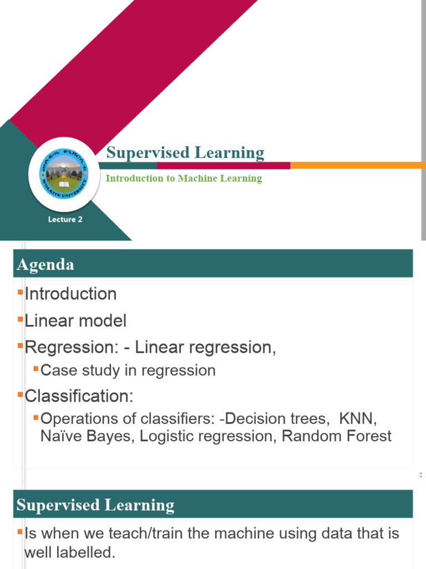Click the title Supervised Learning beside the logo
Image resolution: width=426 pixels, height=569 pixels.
click(185, 153)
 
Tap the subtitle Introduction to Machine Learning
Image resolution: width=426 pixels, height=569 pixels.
click(184, 178)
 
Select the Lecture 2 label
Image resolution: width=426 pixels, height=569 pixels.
click(65, 219)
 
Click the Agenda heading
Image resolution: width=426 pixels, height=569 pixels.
click(45, 264)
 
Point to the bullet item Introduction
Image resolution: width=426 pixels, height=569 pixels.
click(70, 294)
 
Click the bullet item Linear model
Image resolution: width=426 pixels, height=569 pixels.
click(75, 321)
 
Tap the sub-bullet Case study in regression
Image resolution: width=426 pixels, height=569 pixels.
click(128, 370)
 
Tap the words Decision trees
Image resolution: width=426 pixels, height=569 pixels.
click(276, 418)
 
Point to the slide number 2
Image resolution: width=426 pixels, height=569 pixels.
click(420, 475)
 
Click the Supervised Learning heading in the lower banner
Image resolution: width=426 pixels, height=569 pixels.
click(95, 505)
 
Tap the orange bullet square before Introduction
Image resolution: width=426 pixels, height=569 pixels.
click(20, 291)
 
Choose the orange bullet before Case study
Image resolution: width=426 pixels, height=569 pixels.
click(36, 368)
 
